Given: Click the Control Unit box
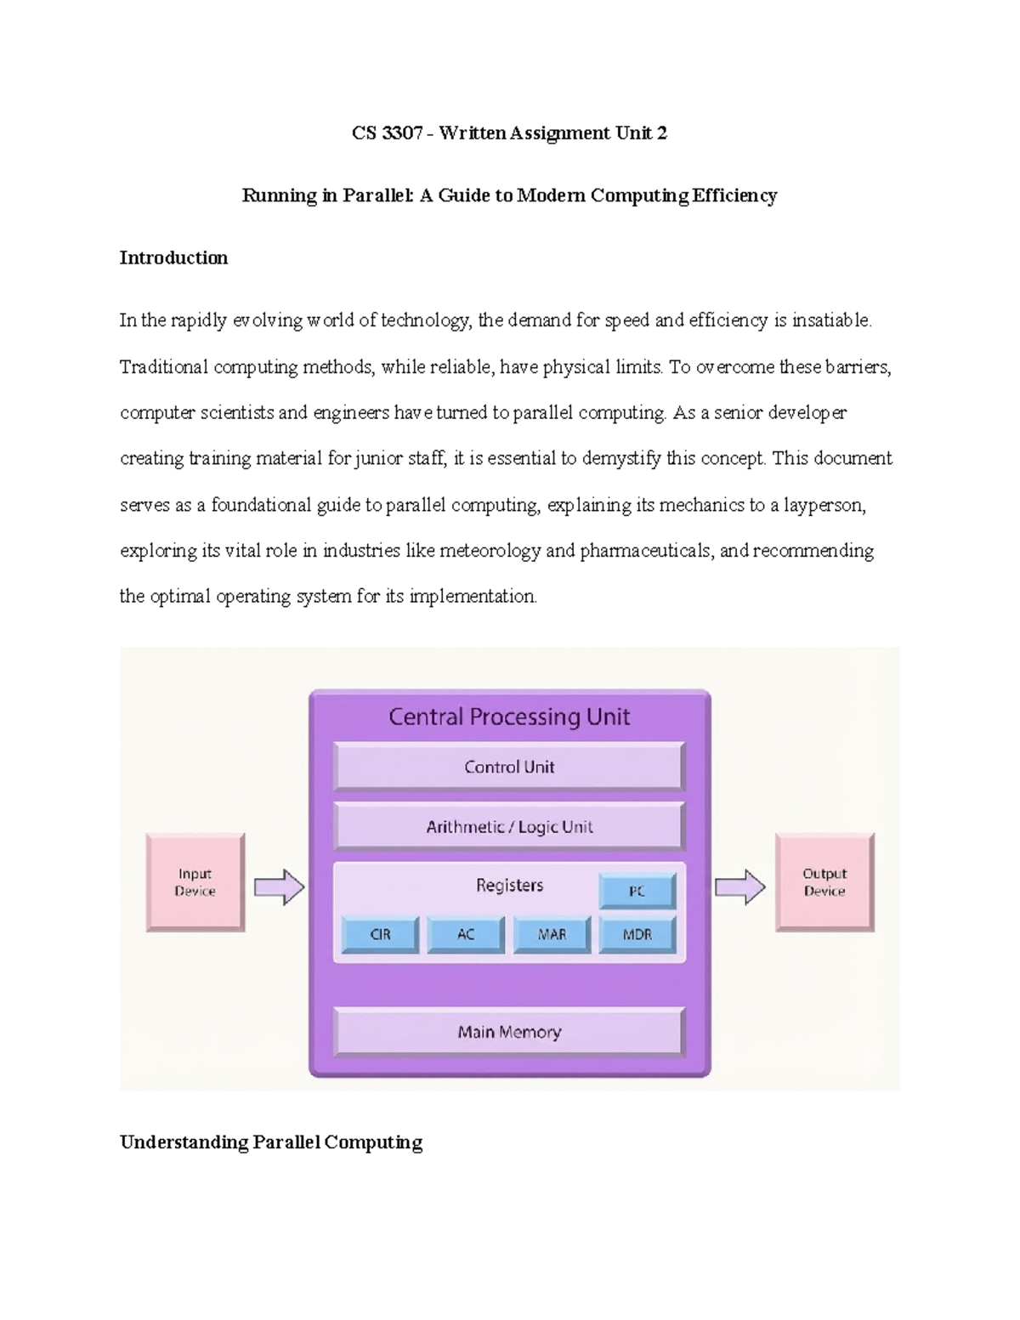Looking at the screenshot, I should (509, 767).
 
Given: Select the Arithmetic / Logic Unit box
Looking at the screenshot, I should (509, 826).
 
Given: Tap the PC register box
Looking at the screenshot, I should (637, 891).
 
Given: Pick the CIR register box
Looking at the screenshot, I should (380, 934).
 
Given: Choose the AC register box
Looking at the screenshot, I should (466, 934).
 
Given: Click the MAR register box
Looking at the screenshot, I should (552, 934).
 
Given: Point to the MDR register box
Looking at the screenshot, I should (637, 934).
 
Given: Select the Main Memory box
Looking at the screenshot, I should (509, 1032).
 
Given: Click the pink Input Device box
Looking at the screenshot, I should (195, 882).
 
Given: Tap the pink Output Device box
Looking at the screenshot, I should (824, 882).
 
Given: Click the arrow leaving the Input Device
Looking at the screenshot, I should (280, 887).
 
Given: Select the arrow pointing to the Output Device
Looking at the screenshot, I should (739, 887).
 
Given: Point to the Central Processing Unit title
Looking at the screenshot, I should (509, 717).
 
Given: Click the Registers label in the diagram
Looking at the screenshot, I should (509, 885).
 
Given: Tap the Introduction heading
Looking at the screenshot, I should (173, 258).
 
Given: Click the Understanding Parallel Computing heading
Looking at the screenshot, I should (271, 1142).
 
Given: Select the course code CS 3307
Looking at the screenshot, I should (387, 133).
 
